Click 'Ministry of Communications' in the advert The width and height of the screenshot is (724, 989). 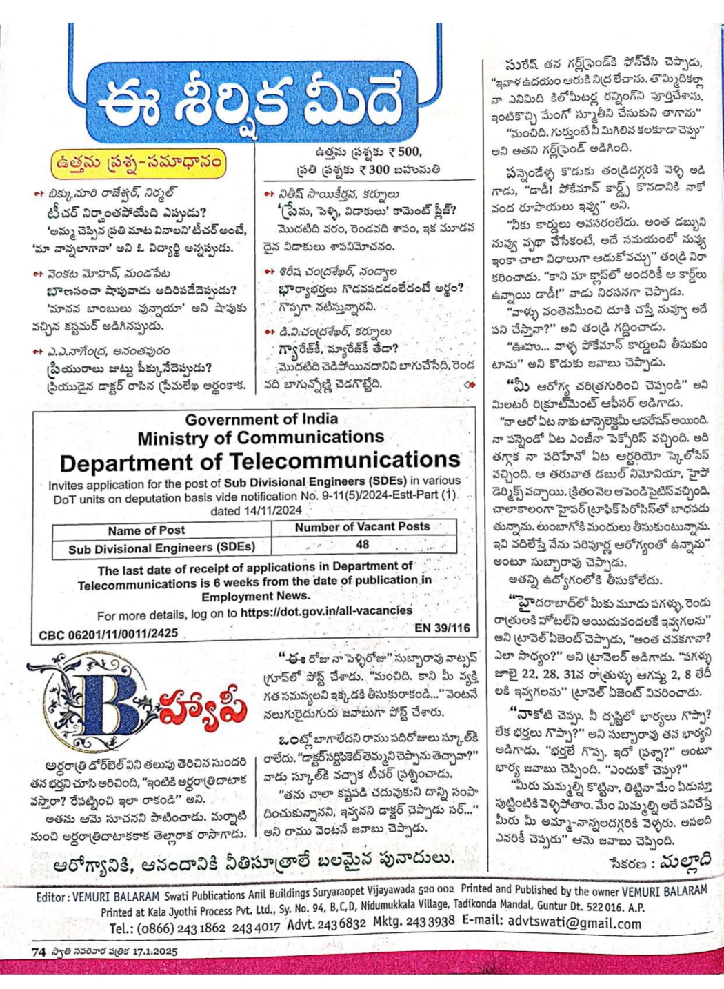pos(261,438)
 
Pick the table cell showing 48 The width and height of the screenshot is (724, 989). pos(363,544)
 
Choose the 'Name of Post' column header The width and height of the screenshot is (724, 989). pos(146,530)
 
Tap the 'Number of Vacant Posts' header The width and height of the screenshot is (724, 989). pos(362,527)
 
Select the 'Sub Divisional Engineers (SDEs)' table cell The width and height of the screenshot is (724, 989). pos(161,548)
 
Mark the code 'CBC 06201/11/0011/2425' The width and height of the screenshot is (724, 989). pos(108,633)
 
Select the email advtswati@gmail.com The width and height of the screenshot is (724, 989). pos(574,922)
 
